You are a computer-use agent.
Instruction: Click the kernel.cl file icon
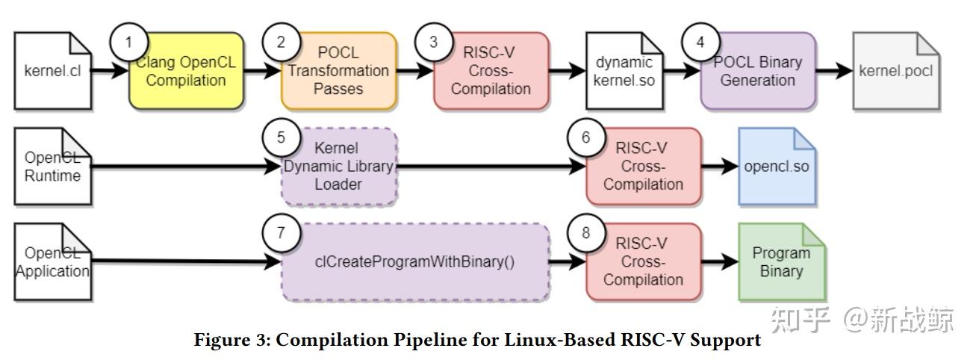53,71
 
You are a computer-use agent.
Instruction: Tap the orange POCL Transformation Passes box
339,71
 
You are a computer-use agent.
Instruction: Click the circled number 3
434,42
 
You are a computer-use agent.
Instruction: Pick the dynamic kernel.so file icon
624,71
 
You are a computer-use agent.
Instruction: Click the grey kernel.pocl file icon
896,71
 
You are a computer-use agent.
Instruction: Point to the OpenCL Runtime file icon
53,167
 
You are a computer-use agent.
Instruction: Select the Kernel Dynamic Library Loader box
339,167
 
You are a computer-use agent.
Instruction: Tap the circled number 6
586,137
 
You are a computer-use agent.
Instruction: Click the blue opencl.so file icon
777,167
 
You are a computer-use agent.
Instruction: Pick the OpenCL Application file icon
53,262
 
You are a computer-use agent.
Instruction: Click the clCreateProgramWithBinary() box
415,262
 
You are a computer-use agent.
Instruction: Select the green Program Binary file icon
781,262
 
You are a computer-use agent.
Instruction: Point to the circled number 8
586,233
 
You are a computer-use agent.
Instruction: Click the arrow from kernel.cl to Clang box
110,70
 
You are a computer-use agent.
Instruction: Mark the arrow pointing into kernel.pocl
834,71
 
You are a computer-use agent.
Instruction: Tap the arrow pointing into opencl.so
720,166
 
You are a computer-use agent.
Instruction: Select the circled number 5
281,137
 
